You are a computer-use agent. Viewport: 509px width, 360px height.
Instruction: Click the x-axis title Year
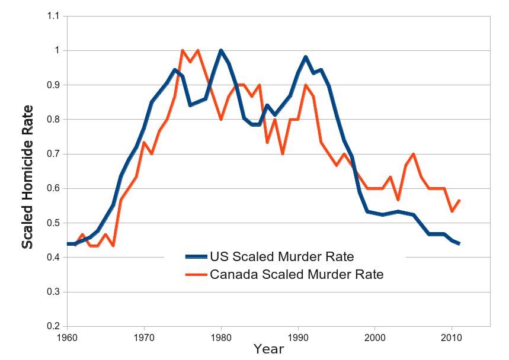pos(268,349)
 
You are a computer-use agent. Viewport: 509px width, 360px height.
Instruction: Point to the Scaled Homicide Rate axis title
pos(27,176)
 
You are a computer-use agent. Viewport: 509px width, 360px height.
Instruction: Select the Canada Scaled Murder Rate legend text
pos(297,274)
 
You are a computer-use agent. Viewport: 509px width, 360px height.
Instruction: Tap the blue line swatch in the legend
pos(196,256)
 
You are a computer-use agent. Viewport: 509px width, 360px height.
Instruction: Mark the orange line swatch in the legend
pos(196,275)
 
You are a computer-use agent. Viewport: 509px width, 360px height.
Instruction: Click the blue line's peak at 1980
pos(221,51)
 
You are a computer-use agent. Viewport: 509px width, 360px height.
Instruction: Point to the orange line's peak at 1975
pos(183,51)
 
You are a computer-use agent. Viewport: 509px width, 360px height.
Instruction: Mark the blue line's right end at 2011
pos(459,243)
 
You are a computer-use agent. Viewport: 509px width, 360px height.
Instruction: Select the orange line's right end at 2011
pos(459,201)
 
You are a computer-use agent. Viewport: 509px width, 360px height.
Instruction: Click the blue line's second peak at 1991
pos(305,57)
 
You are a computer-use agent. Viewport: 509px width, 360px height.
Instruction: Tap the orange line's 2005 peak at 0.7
pos(413,154)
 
